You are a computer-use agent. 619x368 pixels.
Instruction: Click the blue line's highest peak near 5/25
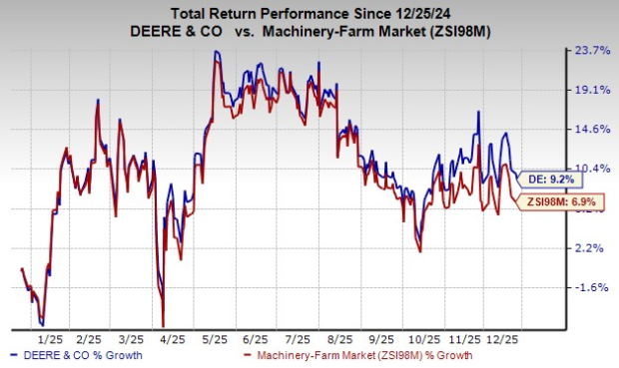[x=215, y=51]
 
